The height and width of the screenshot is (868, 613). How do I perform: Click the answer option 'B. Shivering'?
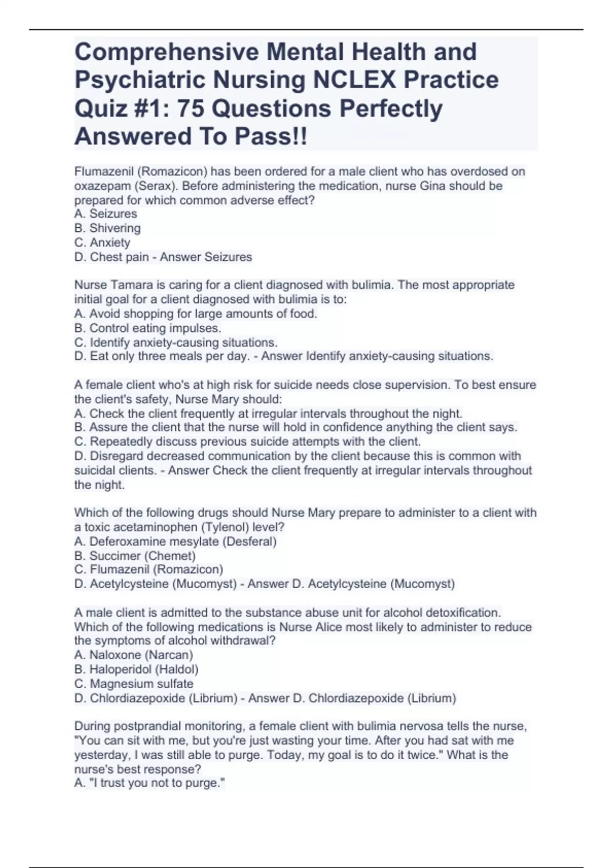(x=107, y=228)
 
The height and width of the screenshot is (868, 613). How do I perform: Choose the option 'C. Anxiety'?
(x=102, y=243)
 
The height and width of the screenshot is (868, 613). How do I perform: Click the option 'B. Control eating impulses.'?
(x=148, y=328)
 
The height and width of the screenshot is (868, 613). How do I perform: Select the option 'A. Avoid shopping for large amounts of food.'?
(x=196, y=314)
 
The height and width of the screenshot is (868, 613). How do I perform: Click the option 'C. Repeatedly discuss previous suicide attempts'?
(x=247, y=442)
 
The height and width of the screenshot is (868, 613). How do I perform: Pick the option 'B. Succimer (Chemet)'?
(x=135, y=556)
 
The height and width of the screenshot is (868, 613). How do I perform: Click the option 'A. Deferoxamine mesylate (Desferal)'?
(x=175, y=541)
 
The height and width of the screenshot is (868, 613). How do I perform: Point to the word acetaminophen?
(x=160, y=527)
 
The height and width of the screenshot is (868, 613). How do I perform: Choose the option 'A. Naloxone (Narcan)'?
(x=133, y=655)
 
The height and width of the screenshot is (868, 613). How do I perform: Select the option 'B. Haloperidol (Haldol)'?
(x=136, y=669)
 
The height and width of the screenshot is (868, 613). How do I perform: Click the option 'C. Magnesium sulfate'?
(x=134, y=684)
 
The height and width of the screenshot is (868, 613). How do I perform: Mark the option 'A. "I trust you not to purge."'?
(x=150, y=783)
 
